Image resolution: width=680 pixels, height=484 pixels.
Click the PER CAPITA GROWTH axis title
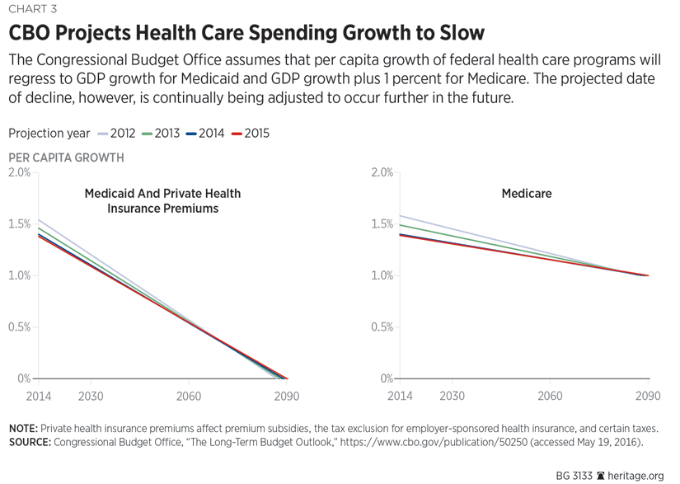click(x=66, y=157)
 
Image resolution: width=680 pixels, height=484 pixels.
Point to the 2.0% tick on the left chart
click(x=19, y=172)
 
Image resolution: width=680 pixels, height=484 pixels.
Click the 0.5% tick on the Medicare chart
click(x=381, y=327)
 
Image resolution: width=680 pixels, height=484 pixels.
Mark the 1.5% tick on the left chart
click(x=19, y=224)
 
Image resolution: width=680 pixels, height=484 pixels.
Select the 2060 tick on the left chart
click(x=189, y=396)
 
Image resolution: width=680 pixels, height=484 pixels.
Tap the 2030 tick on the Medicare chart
click(x=452, y=396)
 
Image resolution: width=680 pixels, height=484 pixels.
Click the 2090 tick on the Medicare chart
click(x=648, y=396)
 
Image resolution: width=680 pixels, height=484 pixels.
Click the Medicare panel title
click(x=527, y=194)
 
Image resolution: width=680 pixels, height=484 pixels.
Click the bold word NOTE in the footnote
click(x=23, y=429)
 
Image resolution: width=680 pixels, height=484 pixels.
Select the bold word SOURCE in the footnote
click(x=29, y=443)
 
